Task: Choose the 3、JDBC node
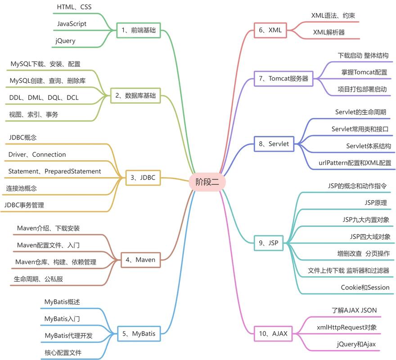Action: [143, 178]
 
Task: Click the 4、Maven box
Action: [140, 260]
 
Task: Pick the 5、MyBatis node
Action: [139, 333]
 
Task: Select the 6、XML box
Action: [270, 31]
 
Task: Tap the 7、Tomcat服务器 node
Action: [283, 78]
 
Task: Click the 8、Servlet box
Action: [274, 144]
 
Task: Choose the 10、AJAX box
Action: [273, 333]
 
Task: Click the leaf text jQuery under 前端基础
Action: [66, 41]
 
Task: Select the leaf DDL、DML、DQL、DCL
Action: [44, 98]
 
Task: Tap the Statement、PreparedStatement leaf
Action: [54, 171]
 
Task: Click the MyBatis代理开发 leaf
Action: [68, 336]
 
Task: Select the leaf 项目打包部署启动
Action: [362, 89]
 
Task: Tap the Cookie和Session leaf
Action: [365, 288]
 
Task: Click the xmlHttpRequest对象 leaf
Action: [347, 328]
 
